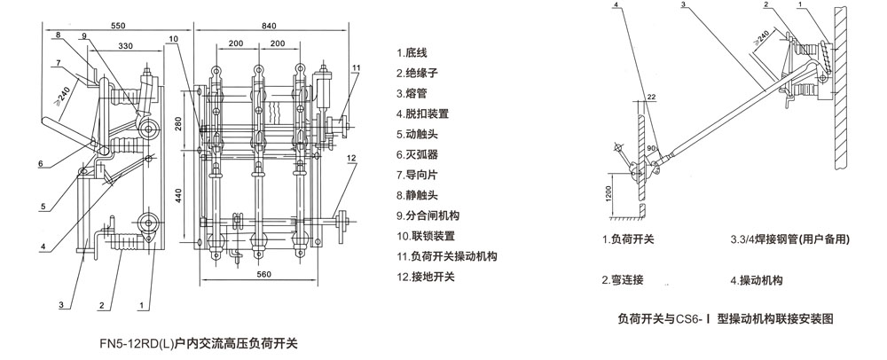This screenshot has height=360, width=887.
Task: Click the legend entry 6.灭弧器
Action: click(420, 154)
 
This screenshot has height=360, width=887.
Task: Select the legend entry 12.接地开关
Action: click(426, 278)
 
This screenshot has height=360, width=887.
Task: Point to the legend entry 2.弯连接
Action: click(622, 280)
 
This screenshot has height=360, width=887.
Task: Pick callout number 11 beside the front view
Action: click(356, 68)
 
